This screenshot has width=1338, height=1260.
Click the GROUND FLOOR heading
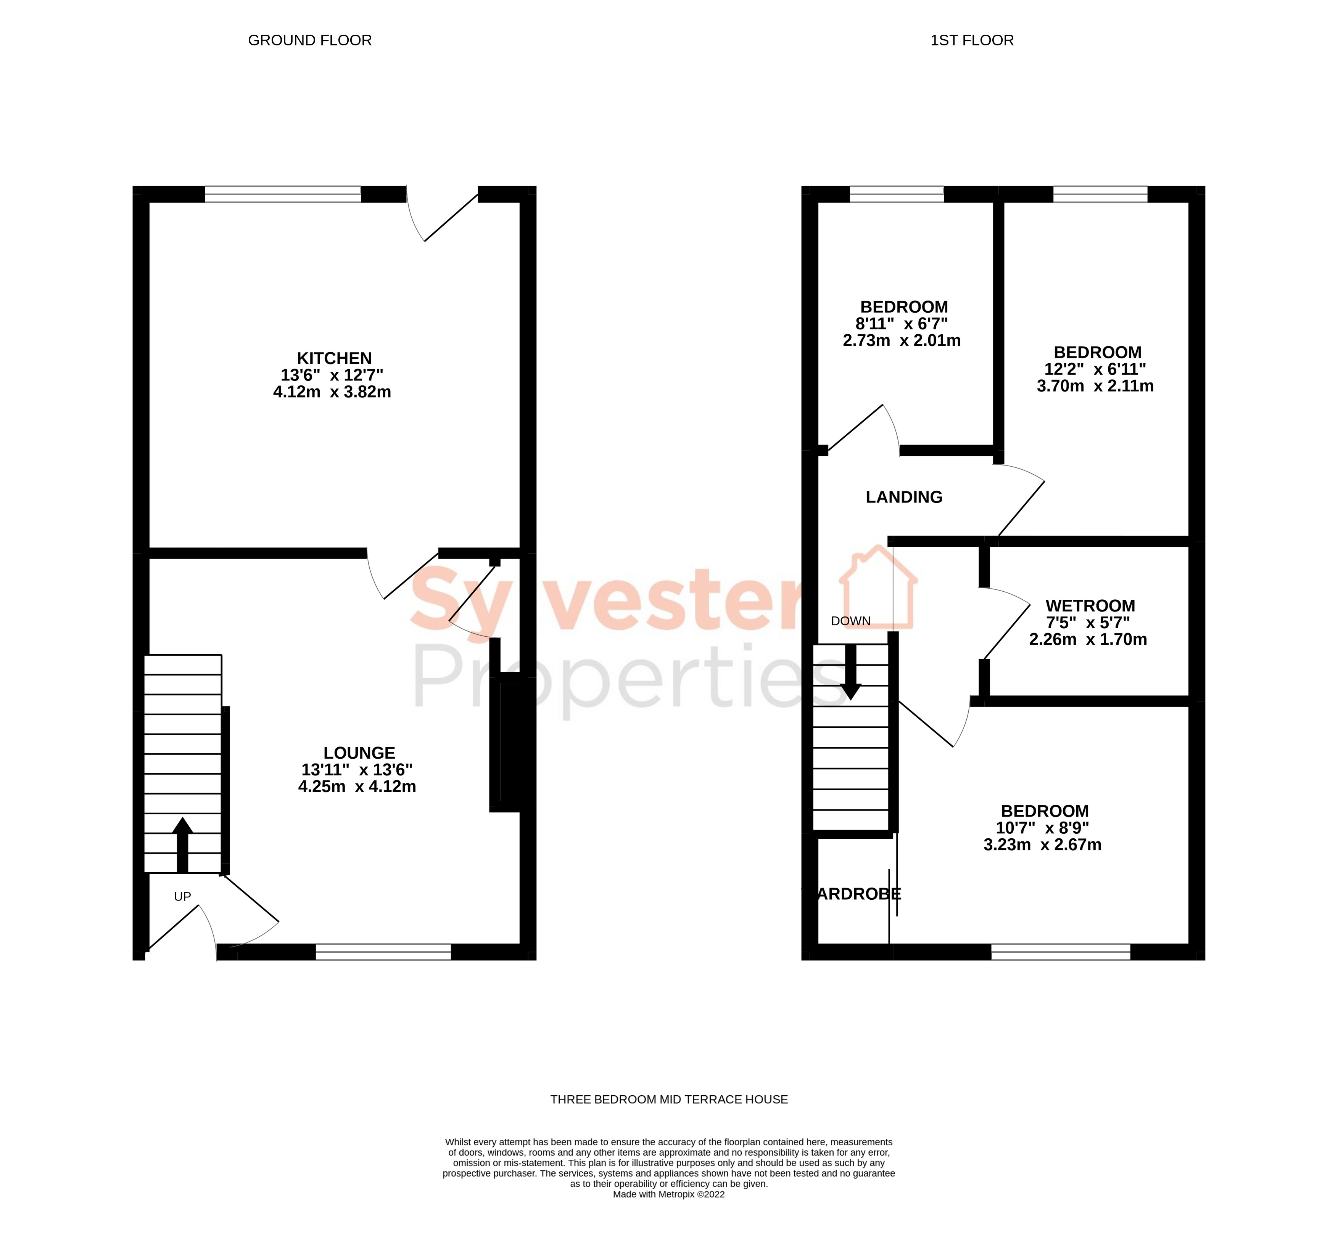(309, 40)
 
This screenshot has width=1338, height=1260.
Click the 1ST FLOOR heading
(971, 40)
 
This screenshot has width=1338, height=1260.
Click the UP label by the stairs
(182, 896)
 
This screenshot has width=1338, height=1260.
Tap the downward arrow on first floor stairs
(851, 673)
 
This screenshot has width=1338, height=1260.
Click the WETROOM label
(1090, 605)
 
